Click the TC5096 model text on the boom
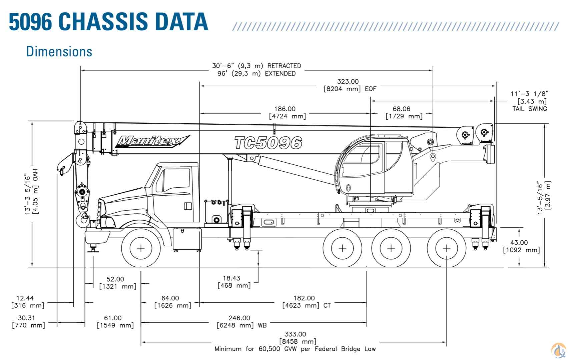click(268, 143)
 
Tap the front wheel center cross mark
click(141, 248)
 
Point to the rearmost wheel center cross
click(447, 248)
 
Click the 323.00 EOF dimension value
click(348, 82)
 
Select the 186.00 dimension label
click(285, 109)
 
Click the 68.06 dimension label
click(402, 109)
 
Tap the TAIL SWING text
click(530, 109)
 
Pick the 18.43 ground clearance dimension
click(231, 278)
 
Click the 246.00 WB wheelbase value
click(239, 318)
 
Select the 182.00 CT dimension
click(304, 298)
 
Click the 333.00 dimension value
click(295, 334)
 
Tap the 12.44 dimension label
click(25, 298)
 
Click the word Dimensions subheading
click(59, 52)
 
